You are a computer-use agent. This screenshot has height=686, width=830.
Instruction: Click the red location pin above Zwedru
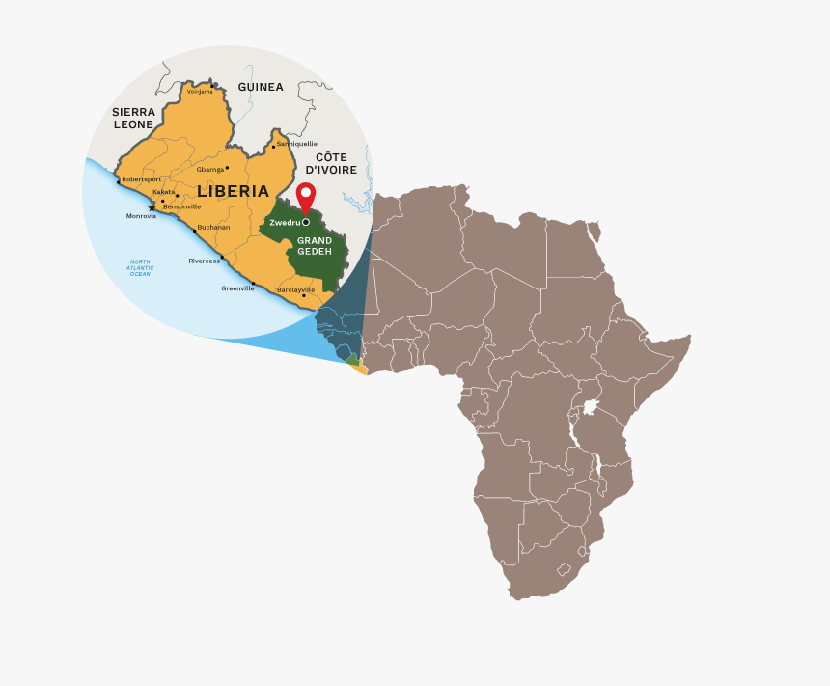(306, 196)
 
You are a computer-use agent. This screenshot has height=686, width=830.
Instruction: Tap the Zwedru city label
(285, 223)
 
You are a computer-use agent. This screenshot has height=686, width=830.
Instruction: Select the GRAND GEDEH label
(315, 245)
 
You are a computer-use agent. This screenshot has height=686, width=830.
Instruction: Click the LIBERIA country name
(234, 191)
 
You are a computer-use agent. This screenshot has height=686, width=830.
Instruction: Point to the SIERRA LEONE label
(133, 118)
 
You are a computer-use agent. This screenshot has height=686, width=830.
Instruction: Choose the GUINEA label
(261, 87)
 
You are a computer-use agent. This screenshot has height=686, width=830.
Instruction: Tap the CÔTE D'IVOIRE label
(331, 163)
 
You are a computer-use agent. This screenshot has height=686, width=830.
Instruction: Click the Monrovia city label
(141, 216)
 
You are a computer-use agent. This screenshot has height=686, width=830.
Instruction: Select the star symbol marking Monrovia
(152, 207)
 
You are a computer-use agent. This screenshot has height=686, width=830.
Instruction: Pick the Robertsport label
(141, 179)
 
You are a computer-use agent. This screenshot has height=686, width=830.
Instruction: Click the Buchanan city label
(213, 227)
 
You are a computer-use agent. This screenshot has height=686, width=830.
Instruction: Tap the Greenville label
(237, 288)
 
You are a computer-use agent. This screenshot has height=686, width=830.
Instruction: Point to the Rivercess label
(204, 261)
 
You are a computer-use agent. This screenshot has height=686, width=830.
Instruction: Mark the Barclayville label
(295, 289)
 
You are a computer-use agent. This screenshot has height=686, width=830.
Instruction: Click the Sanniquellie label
(296, 144)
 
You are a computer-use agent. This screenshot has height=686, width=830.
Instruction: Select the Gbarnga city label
(210, 169)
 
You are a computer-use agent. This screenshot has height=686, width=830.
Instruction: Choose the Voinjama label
(200, 92)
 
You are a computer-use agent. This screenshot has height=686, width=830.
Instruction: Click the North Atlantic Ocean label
(140, 268)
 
